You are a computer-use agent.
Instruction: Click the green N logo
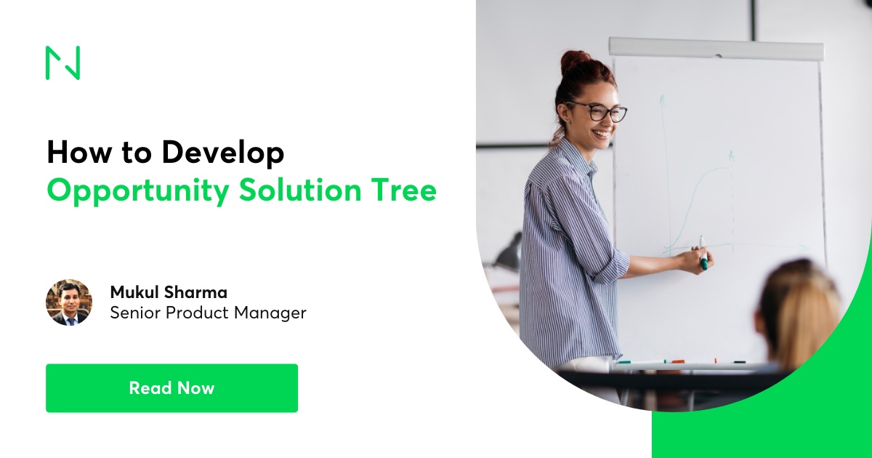(62, 63)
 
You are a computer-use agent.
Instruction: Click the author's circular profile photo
(69, 302)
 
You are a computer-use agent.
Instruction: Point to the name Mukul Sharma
(169, 292)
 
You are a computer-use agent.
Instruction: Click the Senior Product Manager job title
(209, 313)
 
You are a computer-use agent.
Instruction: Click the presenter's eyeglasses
(597, 111)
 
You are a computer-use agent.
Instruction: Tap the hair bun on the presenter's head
(576, 62)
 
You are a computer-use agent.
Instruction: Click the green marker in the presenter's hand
(703, 253)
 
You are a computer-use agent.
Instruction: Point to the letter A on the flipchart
(731, 156)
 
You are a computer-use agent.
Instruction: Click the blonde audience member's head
(797, 312)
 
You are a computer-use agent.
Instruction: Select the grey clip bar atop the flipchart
(716, 49)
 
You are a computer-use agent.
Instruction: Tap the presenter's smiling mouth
(602, 134)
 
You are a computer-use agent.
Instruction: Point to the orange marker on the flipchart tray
(678, 362)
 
